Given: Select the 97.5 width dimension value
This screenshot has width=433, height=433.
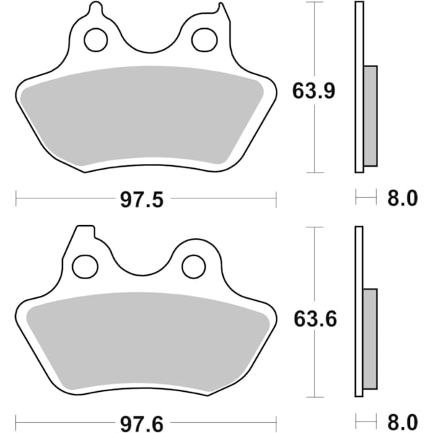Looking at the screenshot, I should pos(145,198).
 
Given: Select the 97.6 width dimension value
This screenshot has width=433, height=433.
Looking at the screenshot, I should pos(145,421).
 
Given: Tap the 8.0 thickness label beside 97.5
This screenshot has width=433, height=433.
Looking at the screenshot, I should pos(403,198).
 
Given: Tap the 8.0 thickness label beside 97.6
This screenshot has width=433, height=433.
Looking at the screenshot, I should pos(403,421).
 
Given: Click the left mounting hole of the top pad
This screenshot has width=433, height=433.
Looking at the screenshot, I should pos(95,41).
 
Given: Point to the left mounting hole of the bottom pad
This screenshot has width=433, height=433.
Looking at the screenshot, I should pos(86,266).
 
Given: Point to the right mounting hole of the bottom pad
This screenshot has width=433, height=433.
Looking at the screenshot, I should pos(193,266).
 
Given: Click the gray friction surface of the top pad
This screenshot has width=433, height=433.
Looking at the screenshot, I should pos(144,115).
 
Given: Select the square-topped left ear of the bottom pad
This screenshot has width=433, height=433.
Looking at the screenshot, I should pos(84,235).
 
